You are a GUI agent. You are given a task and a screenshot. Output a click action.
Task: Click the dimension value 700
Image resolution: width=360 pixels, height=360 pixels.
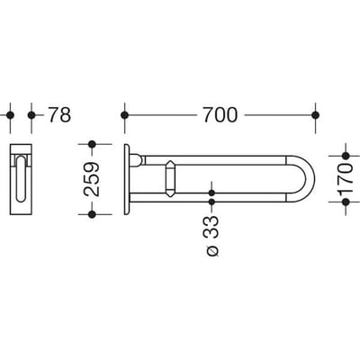(x=220, y=115)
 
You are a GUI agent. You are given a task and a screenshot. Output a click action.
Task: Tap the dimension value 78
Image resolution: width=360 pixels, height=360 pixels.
(x=59, y=115)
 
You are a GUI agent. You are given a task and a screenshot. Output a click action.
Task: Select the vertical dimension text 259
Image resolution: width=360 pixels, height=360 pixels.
(x=91, y=179)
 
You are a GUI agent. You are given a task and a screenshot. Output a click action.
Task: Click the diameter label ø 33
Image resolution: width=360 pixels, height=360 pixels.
(x=212, y=236)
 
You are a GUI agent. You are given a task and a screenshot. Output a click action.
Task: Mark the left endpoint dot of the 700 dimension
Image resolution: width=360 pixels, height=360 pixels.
(x=124, y=115)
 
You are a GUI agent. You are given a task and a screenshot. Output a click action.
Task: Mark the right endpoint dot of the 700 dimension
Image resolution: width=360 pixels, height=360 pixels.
(x=315, y=115)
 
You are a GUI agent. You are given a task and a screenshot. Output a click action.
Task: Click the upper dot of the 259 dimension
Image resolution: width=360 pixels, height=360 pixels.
(x=92, y=144)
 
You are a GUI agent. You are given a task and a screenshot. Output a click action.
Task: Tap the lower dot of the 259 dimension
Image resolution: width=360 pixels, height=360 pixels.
(x=92, y=214)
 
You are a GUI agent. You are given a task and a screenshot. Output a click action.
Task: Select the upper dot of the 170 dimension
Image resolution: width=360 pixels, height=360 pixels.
(x=346, y=156)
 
